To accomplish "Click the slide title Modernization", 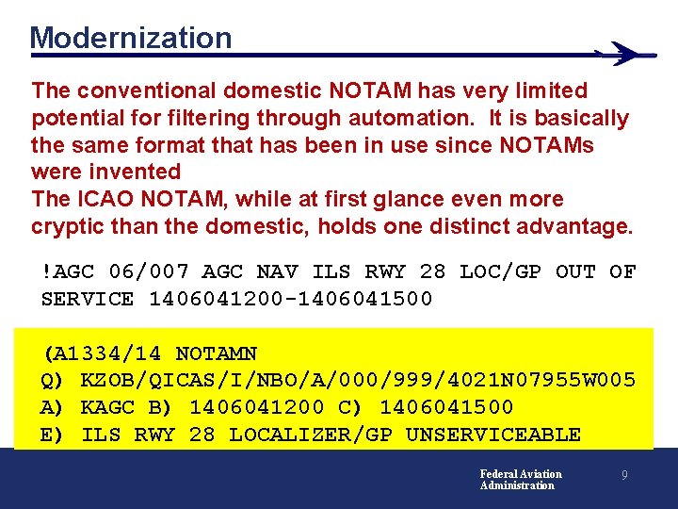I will (x=130, y=38).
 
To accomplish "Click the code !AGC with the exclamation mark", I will (x=68, y=272).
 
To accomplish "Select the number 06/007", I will (x=149, y=272).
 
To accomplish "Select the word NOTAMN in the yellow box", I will (x=217, y=354).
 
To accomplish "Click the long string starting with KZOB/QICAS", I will (x=359, y=381).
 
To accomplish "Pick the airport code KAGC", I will (x=108, y=407).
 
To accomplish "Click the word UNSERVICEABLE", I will (x=492, y=435).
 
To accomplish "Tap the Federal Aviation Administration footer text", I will (x=520, y=480).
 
